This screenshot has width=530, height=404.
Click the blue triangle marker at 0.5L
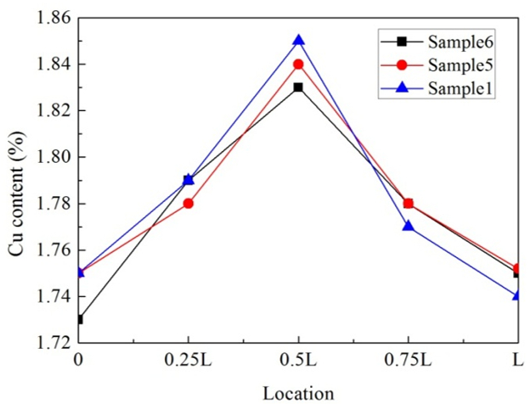(x=298, y=40)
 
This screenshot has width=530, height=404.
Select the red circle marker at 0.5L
(x=298, y=64)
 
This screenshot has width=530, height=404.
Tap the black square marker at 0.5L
(x=298, y=87)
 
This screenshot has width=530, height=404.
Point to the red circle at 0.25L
(x=189, y=203)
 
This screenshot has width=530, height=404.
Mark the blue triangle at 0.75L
(x=408, y=226)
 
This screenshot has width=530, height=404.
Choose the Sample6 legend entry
(x=442, y=42)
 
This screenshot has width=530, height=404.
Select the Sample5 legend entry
(x=442, y=65)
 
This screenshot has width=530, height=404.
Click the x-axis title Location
(x=298, y=392)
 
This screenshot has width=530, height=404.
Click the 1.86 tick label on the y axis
(x=52, y=18)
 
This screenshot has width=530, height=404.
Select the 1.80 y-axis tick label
(x=52, y=157)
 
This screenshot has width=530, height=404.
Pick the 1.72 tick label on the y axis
(x=52, y=343)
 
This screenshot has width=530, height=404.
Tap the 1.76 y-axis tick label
(x=52, y=250)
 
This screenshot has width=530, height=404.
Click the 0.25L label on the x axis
(x=189, y=360)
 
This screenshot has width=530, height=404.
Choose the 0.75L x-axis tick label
(x=408, y=360)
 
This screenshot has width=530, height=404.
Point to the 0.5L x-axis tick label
(x=298, y=360)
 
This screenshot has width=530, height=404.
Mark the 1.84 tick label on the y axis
(x=52, y=65)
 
